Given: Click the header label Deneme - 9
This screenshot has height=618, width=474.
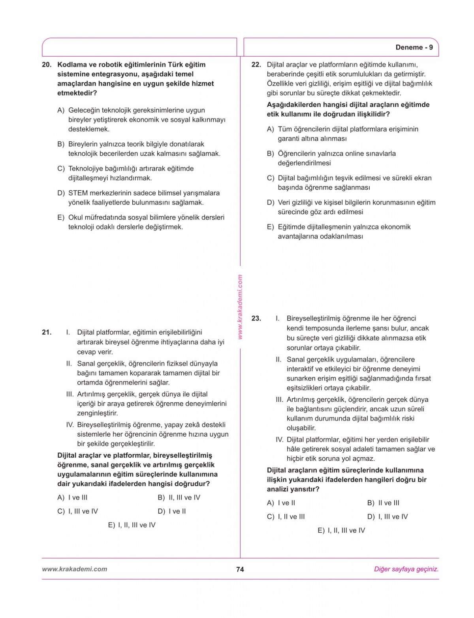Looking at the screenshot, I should click(x=414, y=47).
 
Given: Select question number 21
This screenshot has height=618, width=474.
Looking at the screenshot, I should click(x=47, y=332).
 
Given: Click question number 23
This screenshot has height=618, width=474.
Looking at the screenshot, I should click(x=256, y=318).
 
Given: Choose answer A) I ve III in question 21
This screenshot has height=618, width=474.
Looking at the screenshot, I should click(x=73, y=497).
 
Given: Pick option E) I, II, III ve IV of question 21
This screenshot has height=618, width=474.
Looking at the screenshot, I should click(x=132, y=525).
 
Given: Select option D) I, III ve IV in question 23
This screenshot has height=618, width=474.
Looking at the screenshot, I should click(x=387, y=516).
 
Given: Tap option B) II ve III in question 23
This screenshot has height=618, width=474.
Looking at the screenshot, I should click(x=383, y=503).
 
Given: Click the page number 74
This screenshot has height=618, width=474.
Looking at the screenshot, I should click(x=240, y=569).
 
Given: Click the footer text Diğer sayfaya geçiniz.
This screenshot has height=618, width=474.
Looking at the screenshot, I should click(x=406, y=569).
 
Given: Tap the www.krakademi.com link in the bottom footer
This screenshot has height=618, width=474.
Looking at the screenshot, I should click(x=74, y=569).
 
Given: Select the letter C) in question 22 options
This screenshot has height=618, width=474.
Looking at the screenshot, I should click(x=271, y=178).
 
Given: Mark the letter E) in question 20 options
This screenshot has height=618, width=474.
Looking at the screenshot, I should click(x=61, y=218).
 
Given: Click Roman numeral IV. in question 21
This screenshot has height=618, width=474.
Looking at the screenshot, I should click(x=70, y=425).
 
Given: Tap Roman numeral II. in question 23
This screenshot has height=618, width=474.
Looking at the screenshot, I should click(x=278, y=360).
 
